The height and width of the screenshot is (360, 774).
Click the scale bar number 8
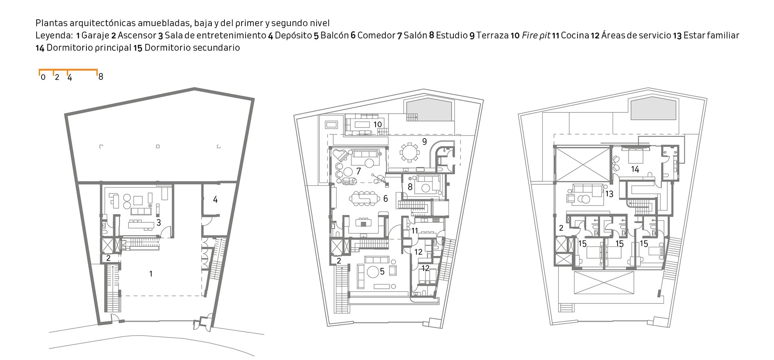coord(101,77)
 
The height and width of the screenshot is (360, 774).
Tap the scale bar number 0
coord(43,77)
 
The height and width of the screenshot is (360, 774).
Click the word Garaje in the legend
coord(95,35)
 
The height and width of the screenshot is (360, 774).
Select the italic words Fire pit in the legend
coord(536,35)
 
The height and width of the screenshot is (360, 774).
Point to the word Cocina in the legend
coord(575,35)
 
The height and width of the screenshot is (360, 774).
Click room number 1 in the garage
coord(151,274)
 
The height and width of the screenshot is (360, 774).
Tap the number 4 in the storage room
coord(215,200)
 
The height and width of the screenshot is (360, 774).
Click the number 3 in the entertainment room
coord(159,223)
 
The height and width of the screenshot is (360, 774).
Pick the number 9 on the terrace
coord(424,142)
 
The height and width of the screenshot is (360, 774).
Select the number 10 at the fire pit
coord(378,124)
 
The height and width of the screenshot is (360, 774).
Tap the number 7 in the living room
coord(358,171)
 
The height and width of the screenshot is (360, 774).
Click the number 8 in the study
coord(410,187)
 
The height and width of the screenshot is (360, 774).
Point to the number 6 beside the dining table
coord(385,199)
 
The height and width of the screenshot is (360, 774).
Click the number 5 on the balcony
coord(382,272)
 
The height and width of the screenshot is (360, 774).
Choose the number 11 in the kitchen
coord(415,231)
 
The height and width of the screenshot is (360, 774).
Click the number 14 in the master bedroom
coord(635,169)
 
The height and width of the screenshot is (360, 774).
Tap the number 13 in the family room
coord(609,194)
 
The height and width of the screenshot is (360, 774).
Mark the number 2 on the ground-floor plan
coord(108,258)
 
